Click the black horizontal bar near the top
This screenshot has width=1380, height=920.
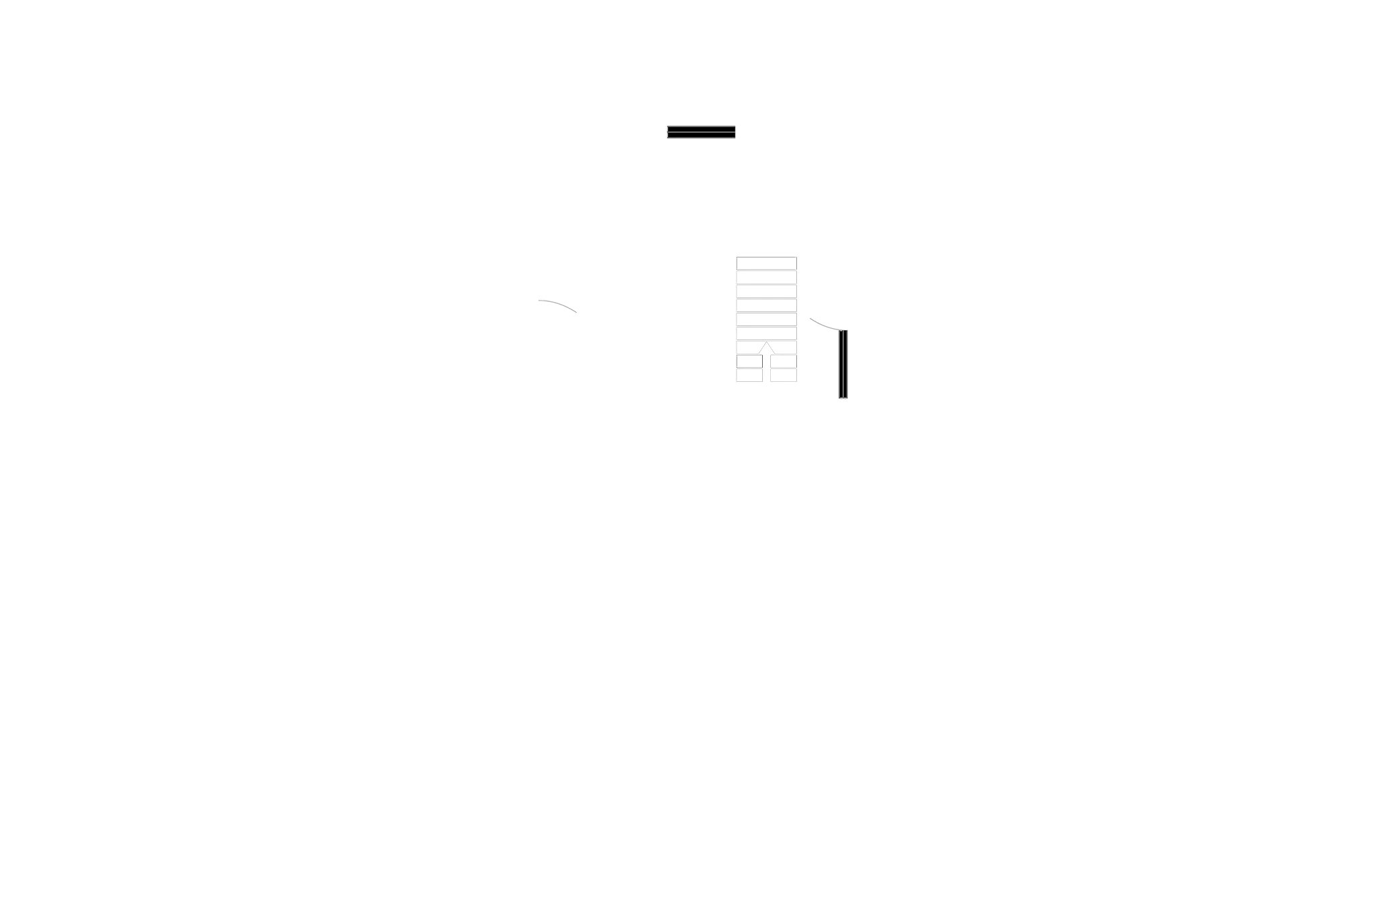pyautogui.click(x=700, y=132)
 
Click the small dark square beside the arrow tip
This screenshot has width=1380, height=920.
pyautogui.click(x=759, y=346)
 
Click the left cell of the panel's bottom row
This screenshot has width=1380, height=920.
pyautogui.click(x=750, y=376)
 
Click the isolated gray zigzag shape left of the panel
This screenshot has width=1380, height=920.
pyautogui.click(x=558, y=306)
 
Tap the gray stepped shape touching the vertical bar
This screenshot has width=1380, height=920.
pyautogui.click(x=820, y=324)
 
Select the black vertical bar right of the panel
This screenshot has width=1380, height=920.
pyautogui.click(x=845, y=364)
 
